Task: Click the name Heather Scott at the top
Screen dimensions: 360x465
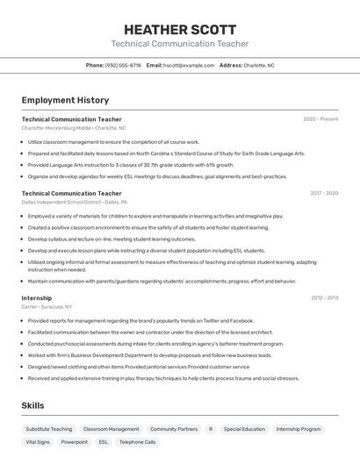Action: tap(179, 28)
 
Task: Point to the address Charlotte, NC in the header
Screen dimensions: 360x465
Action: tap(258, 65)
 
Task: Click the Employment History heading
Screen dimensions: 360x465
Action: tap(65, 100)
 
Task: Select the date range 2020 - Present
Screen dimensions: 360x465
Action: tap(320, 118)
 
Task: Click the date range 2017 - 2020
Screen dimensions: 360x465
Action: tap(324, 193)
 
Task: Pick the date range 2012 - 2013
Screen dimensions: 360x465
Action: tap(324, 298)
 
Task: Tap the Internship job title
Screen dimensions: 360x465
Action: tap(37, 298)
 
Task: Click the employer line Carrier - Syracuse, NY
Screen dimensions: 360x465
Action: tap(47, 307)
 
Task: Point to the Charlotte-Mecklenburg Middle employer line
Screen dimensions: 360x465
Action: tap(73, 127)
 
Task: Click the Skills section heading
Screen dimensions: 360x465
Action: tap(32, 405)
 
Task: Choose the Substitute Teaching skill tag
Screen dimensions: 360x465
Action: tap(49, 429)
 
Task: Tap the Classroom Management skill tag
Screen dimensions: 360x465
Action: tap(112, 429)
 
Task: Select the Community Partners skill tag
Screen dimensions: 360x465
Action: tap(174, 429)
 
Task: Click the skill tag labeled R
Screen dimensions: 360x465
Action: tap(211, 429)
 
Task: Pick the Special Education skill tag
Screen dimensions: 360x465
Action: tap(244, 429)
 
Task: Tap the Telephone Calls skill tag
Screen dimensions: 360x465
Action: tap(138, 442)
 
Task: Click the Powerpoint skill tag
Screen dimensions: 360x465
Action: tap(75, 442)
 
